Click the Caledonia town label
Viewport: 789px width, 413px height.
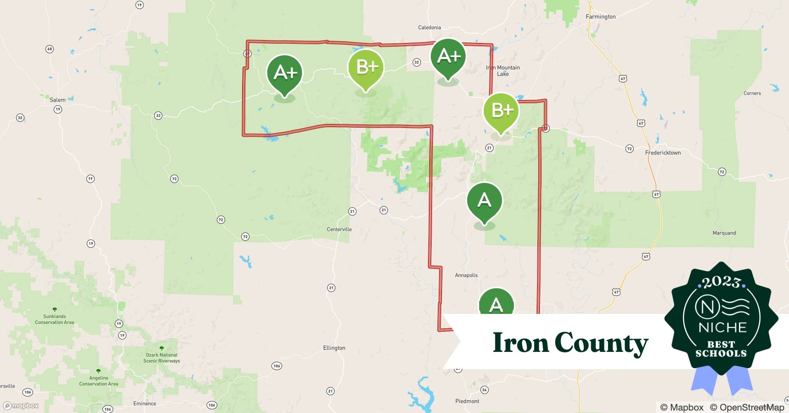(x=429, y=27)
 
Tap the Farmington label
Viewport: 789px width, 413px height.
(x=600, y=17)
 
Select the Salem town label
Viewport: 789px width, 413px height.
(x=57, y=100)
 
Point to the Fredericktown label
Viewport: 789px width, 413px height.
(x=663, y=152)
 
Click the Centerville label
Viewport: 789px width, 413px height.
(x=339, y=229)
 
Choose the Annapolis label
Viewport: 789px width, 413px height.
(x=466, y=275)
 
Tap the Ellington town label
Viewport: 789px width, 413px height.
(x=334, y=348)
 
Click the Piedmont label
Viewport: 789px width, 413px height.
(x=467, y=401)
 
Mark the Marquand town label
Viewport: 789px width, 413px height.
(x=724, y=233)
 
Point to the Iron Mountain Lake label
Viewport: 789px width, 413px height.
(x=503, y=71)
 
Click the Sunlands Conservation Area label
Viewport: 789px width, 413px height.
(x=55, y=319)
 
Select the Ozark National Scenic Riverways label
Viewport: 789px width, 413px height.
(x=162, y=358)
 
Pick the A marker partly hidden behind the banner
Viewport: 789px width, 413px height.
(x=496, y=303)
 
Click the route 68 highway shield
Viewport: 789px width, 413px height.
(x=50, y=49)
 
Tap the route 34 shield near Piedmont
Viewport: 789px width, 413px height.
(x=485, y=390)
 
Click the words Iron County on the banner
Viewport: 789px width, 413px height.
(x=570, y=343)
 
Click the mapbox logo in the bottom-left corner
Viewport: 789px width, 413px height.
(x=21, y=406)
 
